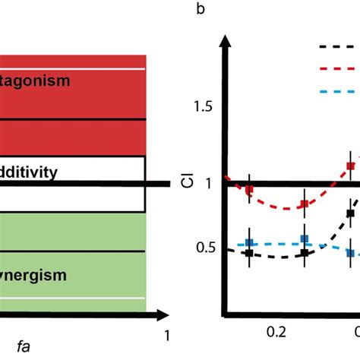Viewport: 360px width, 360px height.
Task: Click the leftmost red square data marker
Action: click(x=248, y=188)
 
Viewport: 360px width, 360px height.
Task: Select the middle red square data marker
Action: click(x=304, y=204)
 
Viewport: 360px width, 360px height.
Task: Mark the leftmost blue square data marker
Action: click(x=248, y=244)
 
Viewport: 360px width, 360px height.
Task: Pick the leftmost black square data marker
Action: click(x=248, y=254)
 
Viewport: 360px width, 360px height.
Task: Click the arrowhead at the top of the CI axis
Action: click(x=225, y=42)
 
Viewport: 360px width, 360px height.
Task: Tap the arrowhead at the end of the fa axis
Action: click(x=160, y=312)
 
